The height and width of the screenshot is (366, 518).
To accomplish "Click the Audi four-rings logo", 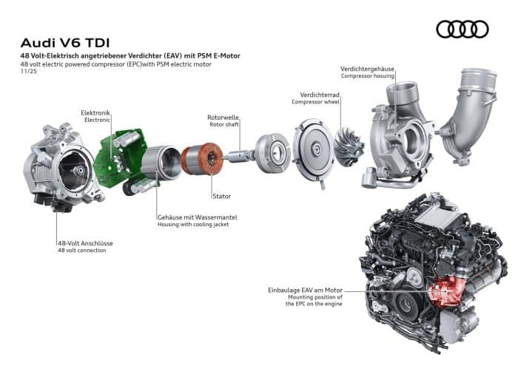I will (462, 29).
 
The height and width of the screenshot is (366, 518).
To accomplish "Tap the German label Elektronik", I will (95, 112).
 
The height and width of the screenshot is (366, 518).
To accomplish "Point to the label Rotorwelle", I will (223, 117).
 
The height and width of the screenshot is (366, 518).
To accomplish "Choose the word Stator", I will (221, 196).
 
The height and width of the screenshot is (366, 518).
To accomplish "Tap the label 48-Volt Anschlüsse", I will (85, 243).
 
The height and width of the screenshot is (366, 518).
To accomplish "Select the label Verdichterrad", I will (320, 95).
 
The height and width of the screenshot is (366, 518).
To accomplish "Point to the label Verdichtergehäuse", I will (367, 69).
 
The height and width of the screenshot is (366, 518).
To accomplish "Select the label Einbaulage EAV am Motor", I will (306, 291).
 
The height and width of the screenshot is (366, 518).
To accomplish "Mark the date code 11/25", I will (29, 72).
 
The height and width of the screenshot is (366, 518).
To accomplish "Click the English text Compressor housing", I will (367, 76).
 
